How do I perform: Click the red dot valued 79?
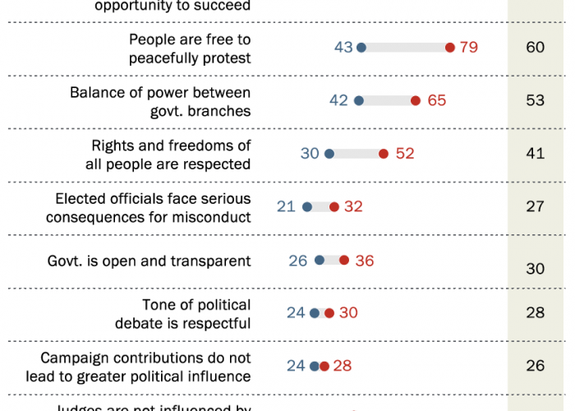click(450, 48)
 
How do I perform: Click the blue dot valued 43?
click(361, 48)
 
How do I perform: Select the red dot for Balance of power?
click(416, 101)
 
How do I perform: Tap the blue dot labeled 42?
click(358, 101)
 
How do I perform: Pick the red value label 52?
click(405, 154)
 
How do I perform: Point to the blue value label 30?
click(310, 154)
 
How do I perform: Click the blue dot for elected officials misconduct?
click(307, 206)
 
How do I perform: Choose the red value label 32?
click(353, 206)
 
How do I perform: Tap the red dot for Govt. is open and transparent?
click(343, 261)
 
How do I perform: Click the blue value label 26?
click(298, 261)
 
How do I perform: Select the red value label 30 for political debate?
click(348, 313)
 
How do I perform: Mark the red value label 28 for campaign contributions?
click(342, 366)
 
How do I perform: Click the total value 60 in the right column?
click(536, 48)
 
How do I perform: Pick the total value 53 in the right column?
click(536, 101)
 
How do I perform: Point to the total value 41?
click(536, 154)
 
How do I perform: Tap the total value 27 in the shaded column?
click(536, 206)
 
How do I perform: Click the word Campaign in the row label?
click(74, 358)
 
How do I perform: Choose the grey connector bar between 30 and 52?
click(356, 154)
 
